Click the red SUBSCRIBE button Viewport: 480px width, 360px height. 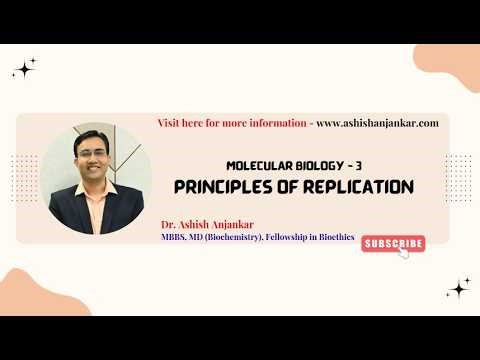(392, 243)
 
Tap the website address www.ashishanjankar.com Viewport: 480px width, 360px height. (377, 123)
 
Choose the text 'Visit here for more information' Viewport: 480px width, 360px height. (232, 123)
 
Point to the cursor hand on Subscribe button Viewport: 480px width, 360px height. (404, 252)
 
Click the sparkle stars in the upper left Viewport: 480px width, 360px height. (24, 68)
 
